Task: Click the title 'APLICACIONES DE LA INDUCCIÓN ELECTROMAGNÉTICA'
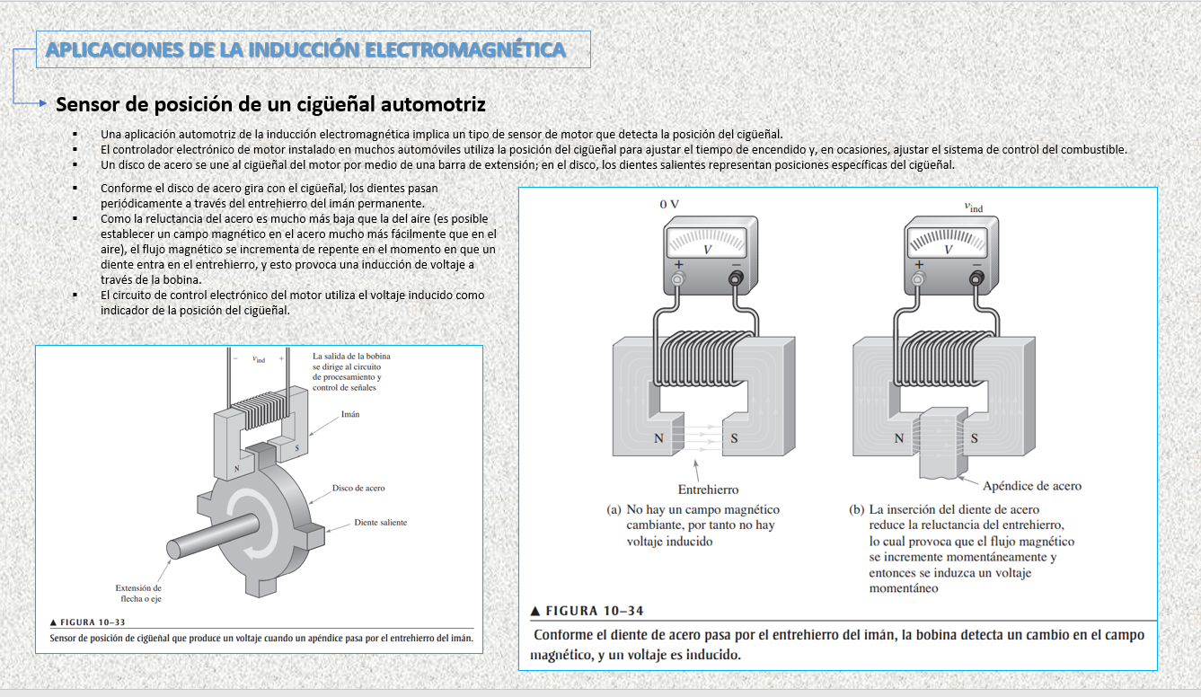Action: click(x=305, y=49)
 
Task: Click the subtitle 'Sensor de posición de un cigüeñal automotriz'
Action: click(x=270, y=104)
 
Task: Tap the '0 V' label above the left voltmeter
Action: click(x=669, y=204)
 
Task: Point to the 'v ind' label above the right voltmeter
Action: click(x=973, y=207)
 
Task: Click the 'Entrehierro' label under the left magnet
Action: click(x=708, y=490)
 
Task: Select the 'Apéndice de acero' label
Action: click(x=1032, y=486)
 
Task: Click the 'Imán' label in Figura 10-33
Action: click(x=350, y=415)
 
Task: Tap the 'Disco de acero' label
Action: click(x=358, y=488)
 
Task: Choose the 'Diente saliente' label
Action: click(x=380, y=522)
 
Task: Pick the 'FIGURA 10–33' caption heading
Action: click(x=88, y=622)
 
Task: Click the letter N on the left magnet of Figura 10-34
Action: click(x=659, y=439)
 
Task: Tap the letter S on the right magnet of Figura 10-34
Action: click(x=974, y=439)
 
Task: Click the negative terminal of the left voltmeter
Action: click(x=736, y=279)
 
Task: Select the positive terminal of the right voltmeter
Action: click(x=918, y=279)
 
